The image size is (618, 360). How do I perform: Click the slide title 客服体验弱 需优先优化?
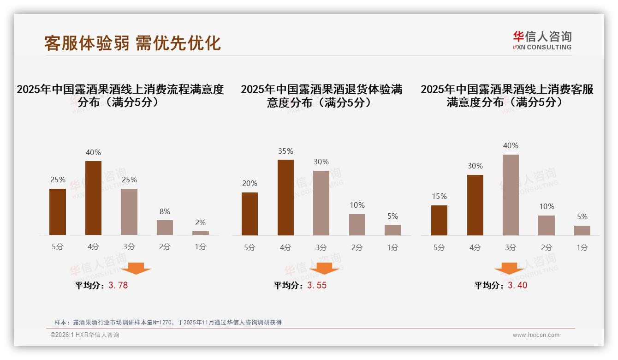pyautogui.click(x=132, y=43)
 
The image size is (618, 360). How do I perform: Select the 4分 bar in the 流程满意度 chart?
pyautogui.click(x=94, y=198)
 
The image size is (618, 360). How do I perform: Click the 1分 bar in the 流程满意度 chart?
pyautogui.click(x=201, y=233)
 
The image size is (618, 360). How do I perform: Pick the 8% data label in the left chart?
pyautogui.click(x=165, y=212)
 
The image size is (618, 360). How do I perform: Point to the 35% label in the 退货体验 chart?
pyautogui.click(x=285, y=151)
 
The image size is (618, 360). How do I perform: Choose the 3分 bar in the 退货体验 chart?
pyautogui.click(x=321, y=203)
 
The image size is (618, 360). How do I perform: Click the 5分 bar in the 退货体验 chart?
pyautogui.click(x=250, y=214)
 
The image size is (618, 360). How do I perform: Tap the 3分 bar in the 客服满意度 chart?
pyautogui.click(x=511, y=195)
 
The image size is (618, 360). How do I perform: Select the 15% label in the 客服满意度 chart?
pyautogui.click(x=439, y=197)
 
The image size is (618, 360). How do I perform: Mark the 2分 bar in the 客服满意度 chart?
pyautogui.click(x=547, y=225)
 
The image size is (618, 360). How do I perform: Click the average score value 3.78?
pyautogui.click(x=118, y=285)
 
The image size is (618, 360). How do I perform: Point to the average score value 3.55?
pyautogui.click(x=317, y=285)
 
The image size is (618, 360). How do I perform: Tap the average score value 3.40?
pyautogui.click(x=517, y=285)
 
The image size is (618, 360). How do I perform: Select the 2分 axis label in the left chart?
pyautogui.click(x=165, y=247)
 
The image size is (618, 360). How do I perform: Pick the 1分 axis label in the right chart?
pyautogui.click(x=582, y=248)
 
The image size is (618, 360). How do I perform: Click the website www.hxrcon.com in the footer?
pyautogui.click(x=536, y=335)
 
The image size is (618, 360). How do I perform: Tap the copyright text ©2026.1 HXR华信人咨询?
pyautogui.click(x=85, y=335)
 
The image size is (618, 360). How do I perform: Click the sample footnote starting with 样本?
pyautogui.click(x=168, y=323)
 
